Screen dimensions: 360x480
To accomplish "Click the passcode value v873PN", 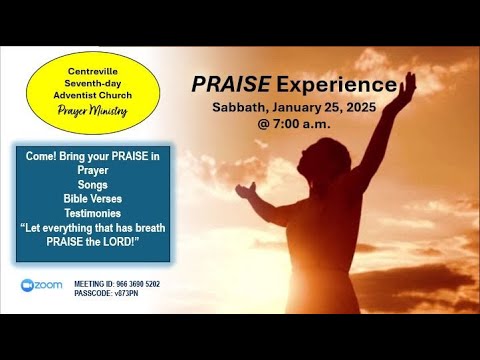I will (x=133, y=294).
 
